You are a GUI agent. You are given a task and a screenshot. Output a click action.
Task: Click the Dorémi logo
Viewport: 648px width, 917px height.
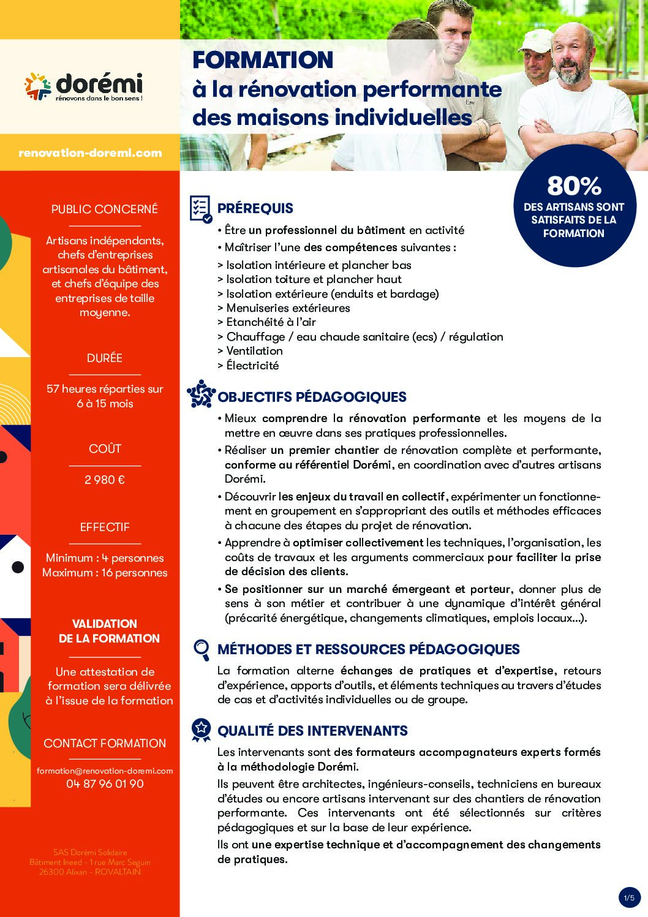(x=83, y=86)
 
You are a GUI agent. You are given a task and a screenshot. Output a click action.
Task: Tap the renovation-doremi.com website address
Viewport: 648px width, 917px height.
(x=90, y=153)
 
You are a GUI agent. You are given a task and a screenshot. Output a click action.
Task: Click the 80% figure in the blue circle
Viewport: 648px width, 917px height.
(x=574, y=186)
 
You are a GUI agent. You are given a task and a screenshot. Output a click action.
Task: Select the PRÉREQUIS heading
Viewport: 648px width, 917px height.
(x=255, y=208)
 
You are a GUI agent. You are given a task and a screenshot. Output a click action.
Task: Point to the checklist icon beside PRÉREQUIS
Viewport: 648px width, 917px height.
(x=201, y=209)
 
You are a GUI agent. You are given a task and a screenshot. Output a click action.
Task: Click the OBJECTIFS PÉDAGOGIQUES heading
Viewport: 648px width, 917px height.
(x=312, y=397)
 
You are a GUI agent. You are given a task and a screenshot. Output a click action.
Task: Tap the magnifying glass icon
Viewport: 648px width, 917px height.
(x=201, y=649)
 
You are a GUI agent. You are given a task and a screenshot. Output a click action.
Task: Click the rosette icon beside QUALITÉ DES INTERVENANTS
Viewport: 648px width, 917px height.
(x=201, y=730)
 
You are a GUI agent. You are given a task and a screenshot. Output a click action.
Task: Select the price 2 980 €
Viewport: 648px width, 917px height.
(x=105, y=480)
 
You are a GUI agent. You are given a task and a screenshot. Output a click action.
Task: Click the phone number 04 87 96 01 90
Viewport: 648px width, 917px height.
(x=105, y=783)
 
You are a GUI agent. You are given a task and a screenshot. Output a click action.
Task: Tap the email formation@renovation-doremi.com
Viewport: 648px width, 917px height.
(x=105, y=771)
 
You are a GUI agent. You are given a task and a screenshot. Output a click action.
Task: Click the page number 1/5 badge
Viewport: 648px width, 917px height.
(x=629, y=898)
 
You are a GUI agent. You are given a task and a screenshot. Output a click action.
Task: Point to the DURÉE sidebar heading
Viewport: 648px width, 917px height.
(x=105, y=358)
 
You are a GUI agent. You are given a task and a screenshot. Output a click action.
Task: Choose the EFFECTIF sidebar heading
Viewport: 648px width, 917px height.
(x=105, y=527)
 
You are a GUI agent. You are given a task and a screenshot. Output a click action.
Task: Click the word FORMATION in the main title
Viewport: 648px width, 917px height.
(x=263, y=60)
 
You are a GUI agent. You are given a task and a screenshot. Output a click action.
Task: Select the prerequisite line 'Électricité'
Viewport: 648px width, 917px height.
(x=252, y=366)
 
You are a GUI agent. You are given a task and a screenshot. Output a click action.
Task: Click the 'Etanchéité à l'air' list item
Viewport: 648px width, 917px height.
(x=271, y=322)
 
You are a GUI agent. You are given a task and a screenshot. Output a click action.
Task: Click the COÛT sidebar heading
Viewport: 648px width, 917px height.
(x=105, y=449)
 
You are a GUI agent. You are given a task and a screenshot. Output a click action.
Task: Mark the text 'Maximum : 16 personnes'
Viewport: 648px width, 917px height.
(x=105, y=573)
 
